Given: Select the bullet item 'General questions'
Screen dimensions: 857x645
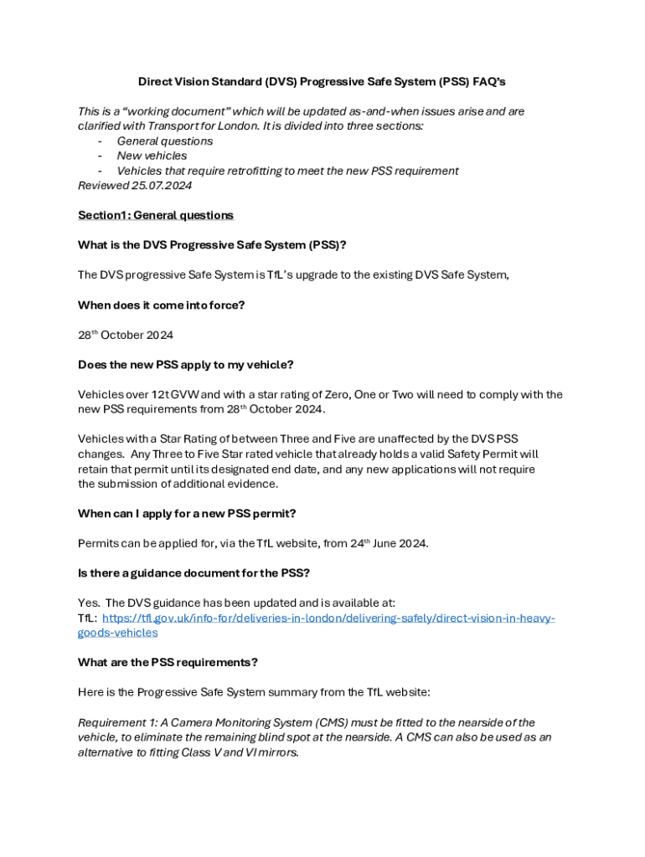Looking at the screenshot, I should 164,141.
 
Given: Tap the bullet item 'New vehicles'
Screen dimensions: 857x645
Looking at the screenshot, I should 152,156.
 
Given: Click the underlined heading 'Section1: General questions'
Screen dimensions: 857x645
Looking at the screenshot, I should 155,215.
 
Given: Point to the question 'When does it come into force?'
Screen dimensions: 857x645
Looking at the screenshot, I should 161,305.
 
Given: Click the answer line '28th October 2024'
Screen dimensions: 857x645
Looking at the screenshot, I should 125,335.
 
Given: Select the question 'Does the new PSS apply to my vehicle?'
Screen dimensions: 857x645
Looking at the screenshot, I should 185,365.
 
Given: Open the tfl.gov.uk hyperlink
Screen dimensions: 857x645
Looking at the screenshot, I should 328,618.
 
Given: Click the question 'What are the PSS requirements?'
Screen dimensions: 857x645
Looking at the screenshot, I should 168,662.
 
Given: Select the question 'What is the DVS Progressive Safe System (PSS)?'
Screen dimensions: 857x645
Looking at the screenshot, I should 212,245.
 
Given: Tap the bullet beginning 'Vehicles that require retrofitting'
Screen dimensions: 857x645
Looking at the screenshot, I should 287,171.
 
